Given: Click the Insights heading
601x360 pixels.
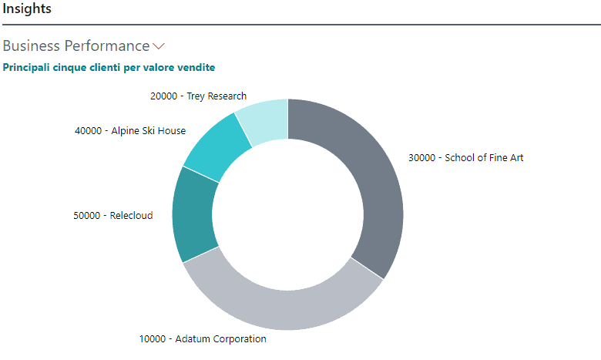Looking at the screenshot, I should [x=26, y=9].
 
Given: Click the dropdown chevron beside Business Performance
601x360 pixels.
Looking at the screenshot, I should [x=159, y=46].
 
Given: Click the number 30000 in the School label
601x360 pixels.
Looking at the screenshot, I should [x=422, y=158].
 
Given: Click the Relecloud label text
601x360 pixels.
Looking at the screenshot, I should [x=131, y=216].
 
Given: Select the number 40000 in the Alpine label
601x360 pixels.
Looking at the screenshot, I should [x=89, y=131].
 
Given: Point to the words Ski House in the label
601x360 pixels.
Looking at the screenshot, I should [x=163, y=131].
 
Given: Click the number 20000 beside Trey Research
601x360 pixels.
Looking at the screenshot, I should [x=163, y=96].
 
